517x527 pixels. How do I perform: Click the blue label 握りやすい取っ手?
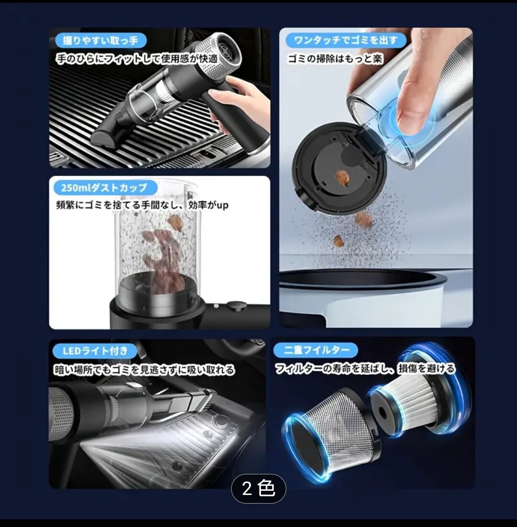click(100, 41)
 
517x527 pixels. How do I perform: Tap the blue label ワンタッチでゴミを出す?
click(346, 40)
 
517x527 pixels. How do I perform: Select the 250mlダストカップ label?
click(105, 187)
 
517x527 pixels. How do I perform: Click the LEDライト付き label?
click(95, 351)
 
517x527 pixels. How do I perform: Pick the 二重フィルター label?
click(316, 350)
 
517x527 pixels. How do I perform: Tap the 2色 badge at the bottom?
click(258, 488)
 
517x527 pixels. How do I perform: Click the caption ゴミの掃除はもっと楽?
click(335, 59)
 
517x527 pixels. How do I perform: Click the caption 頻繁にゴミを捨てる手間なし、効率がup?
click(142, 205)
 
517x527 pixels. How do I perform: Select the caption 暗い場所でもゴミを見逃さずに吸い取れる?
click(144, 370)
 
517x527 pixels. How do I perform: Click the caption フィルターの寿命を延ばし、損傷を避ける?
click(365, 369)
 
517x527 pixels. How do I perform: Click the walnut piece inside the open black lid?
click(343, 178)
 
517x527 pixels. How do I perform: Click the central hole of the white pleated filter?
click(382, 412)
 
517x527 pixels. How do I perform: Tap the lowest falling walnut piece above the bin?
click(337, 241)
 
